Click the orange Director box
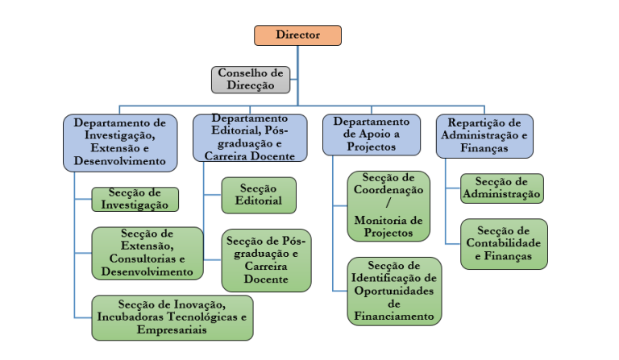point(297,35)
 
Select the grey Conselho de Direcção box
point(251,80)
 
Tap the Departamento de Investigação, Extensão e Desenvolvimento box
point(120,143)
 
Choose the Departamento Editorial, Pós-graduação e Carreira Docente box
point(250,138)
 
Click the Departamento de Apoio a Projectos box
point(372,134)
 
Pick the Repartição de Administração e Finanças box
point(484,136)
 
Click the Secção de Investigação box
point(135,199)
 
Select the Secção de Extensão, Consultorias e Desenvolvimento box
point(147,253)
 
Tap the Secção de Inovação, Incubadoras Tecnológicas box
point(172,317)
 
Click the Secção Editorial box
point(259,195)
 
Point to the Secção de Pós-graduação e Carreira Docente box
point(266,260)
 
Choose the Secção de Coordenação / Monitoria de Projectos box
point(388,206)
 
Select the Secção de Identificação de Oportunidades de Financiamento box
point(394,292)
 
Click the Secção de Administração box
point(502,188)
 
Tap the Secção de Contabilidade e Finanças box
point(504,244)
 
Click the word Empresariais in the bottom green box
point(172,329)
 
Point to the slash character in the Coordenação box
point(388,203)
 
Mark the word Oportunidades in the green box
point(394,291)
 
